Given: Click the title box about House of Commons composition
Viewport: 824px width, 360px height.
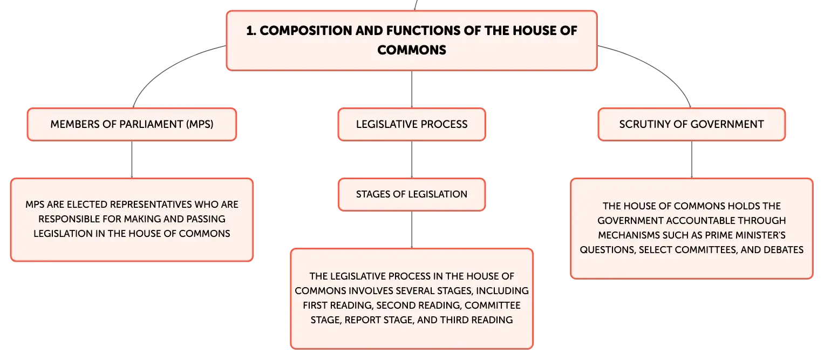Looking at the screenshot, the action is point(412,40).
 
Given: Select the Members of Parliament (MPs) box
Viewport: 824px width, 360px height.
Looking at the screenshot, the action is point(132,125).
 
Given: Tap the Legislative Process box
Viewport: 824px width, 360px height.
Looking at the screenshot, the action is point(412,125).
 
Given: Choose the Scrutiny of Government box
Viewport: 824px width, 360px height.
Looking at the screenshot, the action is point(692,125).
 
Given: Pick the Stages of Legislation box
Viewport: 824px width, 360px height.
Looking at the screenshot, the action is point(412,195).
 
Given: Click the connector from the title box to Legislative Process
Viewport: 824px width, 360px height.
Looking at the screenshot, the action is point(412,89).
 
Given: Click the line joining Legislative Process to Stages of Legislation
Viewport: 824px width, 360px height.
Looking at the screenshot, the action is point(412,159).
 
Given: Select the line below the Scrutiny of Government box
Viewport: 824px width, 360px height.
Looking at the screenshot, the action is point(692,159).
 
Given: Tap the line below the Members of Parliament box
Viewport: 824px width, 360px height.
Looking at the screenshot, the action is point(132,159).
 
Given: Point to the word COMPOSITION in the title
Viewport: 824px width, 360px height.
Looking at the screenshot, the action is point(305,31).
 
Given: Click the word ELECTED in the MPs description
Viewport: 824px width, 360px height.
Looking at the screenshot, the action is point(88,205).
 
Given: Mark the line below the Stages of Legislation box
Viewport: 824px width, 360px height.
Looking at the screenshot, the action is point(412,230).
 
